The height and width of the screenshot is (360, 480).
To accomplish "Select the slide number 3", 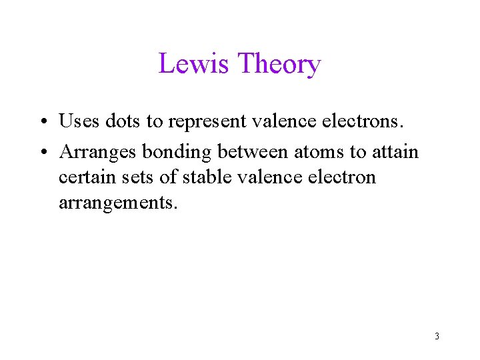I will click(437, 336).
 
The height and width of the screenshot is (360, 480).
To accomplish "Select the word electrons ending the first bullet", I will click(367, 121).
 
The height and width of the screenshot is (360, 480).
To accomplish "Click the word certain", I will click(83, 177).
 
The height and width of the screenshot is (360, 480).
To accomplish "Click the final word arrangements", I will click(119, 203).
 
